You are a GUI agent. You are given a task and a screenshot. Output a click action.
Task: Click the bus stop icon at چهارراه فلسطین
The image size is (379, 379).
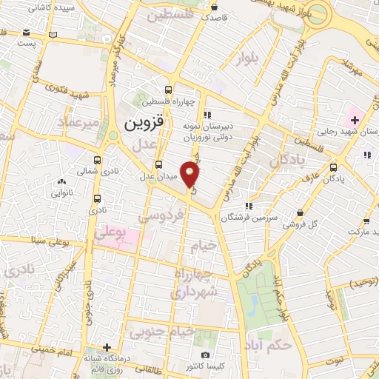click(x=170, y=87)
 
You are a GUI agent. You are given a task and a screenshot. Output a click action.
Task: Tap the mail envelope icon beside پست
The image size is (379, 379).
click(x=27, y=33)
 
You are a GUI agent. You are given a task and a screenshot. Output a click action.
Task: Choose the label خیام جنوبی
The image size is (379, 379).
click(x=157, y=332)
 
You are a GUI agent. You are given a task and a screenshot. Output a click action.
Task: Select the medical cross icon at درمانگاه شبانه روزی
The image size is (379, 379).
click(x=108, y=347)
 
